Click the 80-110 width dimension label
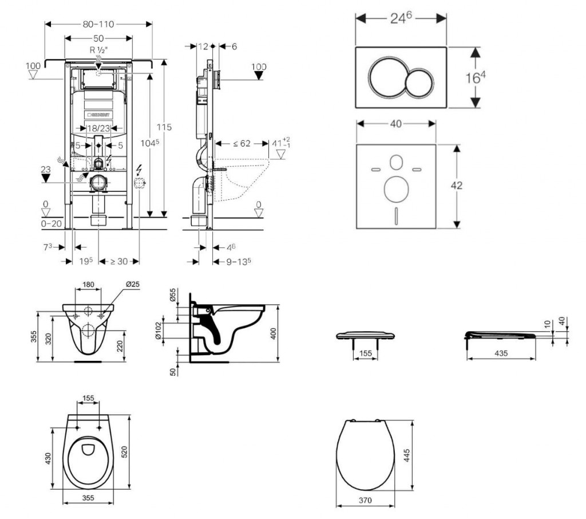click(98, 24)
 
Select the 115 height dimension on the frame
click(165, 127)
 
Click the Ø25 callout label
click(133, 284)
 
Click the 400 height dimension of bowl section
click(273, 333)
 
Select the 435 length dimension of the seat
click(501, 354)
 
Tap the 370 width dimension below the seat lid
click(365, 501)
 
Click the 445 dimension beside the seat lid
click(407, 454)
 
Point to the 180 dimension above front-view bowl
click(88, 284)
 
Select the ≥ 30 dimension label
click(118, 261)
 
